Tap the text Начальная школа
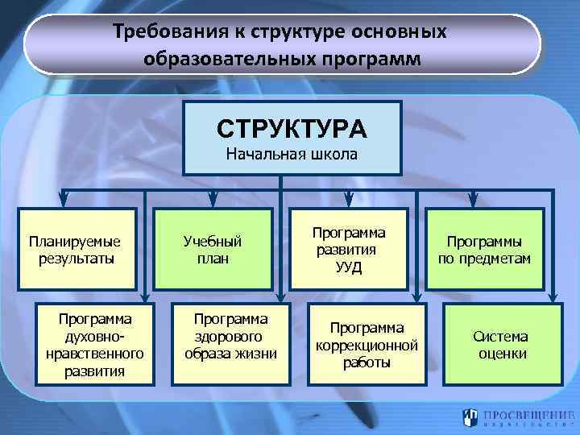292,154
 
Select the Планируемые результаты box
76,250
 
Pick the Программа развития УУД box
350,250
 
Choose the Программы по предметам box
485,250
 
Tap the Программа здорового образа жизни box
230,341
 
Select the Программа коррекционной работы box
367,341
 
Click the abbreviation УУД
350,267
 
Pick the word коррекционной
367,345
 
